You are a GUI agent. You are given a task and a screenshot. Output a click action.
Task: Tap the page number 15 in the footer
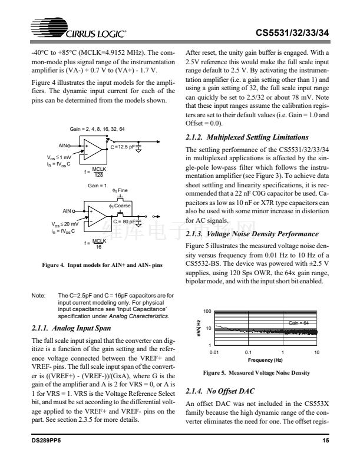click(x=325, y=457)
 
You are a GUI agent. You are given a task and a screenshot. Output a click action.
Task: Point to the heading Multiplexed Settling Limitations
click(x=246, y=137)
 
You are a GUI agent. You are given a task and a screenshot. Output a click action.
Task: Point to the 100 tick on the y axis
click(x=207, y=310)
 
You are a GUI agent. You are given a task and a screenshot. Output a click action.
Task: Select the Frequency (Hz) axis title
click(x=265, y=359)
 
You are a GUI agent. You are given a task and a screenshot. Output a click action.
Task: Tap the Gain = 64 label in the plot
click(x=302, y=323)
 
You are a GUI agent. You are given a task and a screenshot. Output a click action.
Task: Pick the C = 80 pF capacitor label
click(x=124, y=221)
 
